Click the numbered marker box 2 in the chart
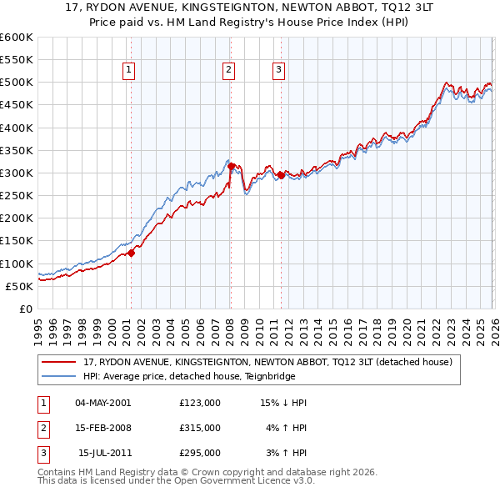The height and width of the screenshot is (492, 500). (x=228, y=71)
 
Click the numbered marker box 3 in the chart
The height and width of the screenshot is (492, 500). (x=278, y=71)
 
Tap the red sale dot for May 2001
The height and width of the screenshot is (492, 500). (x=131, y=253)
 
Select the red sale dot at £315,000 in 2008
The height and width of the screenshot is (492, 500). (x=231, y=166)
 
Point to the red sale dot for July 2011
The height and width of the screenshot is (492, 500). (x=281, y=175)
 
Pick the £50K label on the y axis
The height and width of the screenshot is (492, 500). (x=20, y=286)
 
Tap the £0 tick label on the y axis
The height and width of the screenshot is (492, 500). (x=27, y=309)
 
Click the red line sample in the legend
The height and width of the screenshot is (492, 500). (x=59, y=362)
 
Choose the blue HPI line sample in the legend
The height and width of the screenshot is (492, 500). (x=59, y=376)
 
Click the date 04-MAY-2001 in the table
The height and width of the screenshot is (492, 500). (x=103, y=403)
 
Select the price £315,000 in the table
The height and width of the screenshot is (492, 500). (x=199, y=428)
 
